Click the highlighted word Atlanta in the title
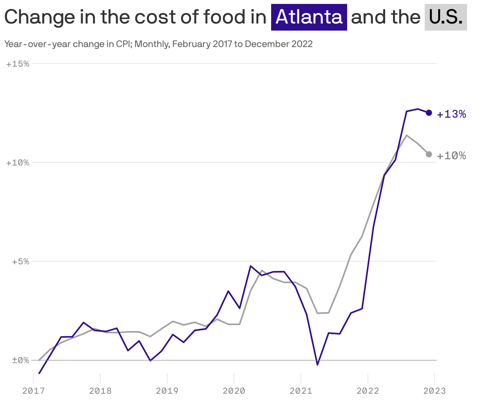pos(309,17)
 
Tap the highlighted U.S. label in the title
pos(445,17)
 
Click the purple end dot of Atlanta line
pos(429,113)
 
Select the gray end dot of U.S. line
pos(429,154)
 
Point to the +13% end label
pos(451,114)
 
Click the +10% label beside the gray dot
pos(451,156)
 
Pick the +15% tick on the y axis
pos(18,64)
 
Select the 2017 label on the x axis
pos(33,391)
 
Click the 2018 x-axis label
pos(100,391)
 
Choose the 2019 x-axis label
pos(167,391)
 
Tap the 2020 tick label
pos(234,391)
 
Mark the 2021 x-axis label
pos(301,391)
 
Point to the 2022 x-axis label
pos(368,391)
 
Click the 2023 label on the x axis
pos(434,391)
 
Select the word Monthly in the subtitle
pos(152,44)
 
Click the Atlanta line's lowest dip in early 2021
pos(317,365)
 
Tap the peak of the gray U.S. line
pos(407,135)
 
